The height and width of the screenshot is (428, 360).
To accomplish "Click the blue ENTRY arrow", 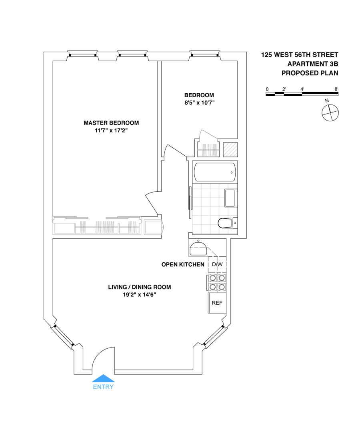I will [103, 378].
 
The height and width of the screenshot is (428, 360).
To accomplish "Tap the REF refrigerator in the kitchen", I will [217, 303].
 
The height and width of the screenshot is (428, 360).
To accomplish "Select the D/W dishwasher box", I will [217, 265].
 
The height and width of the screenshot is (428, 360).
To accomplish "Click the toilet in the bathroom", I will [227, 223].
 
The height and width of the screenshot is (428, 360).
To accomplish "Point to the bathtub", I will [214, 172].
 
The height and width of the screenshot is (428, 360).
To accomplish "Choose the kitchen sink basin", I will [198, 248].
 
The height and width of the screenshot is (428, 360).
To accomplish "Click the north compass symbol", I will [330, 112].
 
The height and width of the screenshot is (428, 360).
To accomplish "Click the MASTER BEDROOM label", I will [111, 123].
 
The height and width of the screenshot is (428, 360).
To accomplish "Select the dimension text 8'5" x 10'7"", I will [199, 102].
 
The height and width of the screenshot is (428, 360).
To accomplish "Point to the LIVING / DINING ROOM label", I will [140, 287].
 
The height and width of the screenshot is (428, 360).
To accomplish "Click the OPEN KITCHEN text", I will [183, 265].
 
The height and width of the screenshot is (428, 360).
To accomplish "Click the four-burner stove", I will [216, 282].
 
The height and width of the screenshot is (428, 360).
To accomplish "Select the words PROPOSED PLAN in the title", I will [310, 73].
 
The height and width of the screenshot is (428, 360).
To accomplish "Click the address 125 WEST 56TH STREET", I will [300, 54].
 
